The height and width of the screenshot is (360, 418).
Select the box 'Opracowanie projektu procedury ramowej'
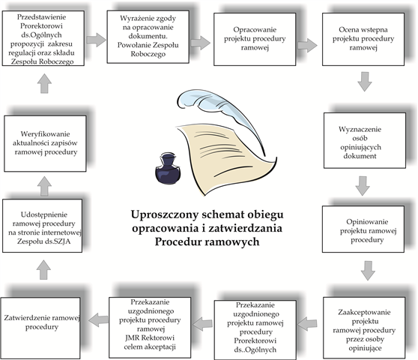pyautogui.click(x=255, y=39)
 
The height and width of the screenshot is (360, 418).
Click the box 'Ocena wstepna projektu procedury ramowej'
pyautogui.click(x=363, y=39)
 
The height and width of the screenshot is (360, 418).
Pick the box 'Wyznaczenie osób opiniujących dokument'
pyautogui.click(x=365, y=141)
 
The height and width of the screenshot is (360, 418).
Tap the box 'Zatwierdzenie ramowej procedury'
pyautogui.click(x=40, y=328)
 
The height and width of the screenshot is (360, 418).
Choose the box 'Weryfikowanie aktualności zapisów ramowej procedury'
pyautogui.click(x=45, y=143)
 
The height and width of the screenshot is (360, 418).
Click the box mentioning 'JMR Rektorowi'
pyautogui.click(x=150, y=328)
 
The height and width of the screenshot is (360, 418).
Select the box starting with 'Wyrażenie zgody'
pyautogui.click(x=148, y=37)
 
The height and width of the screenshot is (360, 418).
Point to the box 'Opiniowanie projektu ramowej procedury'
pyautogui.click(x=363, y=229)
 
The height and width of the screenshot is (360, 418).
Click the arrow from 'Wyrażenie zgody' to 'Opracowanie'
pyautogui.click(x=201, y=43)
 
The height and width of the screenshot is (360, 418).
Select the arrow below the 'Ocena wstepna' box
pyautogui.click(x=364, y=82)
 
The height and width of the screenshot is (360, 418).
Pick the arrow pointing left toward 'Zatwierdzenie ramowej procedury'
pyautogui.click(x=98, y=320)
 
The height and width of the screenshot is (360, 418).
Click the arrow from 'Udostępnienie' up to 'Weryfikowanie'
pyautogui.click(x=44, y=186)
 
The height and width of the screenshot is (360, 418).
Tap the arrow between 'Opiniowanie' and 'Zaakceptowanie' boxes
pyautogui.click(x=368, y=271)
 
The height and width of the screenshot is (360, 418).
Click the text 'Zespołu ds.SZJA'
pyautogui.click(x=43, y=241)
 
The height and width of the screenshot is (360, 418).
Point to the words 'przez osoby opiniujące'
pyautogui.click(x=365, y=343)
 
